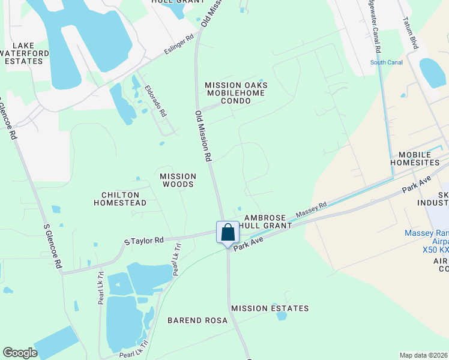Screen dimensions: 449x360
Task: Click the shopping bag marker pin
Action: pyautogui.click(x=228, y=232)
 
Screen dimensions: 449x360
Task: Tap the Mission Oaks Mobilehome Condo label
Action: pyautogui.click(x=236, y=93)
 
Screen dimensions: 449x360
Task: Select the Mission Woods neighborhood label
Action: pyautogui.click(x=178, y=180)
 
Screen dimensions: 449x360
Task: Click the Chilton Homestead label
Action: pyautogui.click(x=120, y=199)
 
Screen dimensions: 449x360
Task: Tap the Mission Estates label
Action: pyautogui.click(x=270, y=308)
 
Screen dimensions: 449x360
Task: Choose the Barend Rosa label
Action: pyautogui.click(x=197, y=320)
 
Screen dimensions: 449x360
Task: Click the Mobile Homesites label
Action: pyautogui.click(x=419, y=158)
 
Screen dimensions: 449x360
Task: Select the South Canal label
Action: pyautogui.click(x=386, y=62)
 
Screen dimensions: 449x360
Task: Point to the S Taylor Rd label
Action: pyautogui.click(x=144, y=241)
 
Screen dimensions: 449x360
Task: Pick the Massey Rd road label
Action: pyautogui.click(x=310, y=210)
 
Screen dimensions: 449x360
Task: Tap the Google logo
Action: pyautogui.click(x=20, y=353)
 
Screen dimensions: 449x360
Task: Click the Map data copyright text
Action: pyautogui.click(x=424, y=355)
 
